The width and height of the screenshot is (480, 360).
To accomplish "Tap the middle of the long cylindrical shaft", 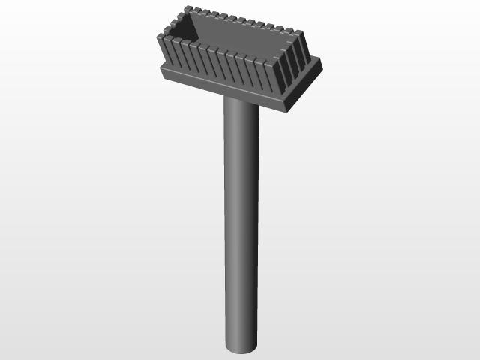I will [x=240, y=225].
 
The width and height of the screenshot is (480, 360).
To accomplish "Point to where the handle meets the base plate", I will [x=240, y=101].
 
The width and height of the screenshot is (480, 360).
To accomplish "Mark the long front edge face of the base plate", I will [x=225, y=88].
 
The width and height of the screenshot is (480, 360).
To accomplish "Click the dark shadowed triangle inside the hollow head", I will [x=185, y=30].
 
